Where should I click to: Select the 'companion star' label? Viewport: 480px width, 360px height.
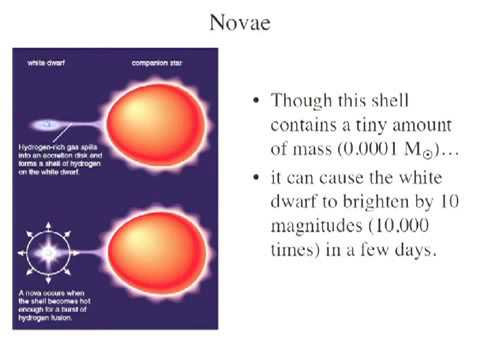155,64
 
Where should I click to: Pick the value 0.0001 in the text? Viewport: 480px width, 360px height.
363,151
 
